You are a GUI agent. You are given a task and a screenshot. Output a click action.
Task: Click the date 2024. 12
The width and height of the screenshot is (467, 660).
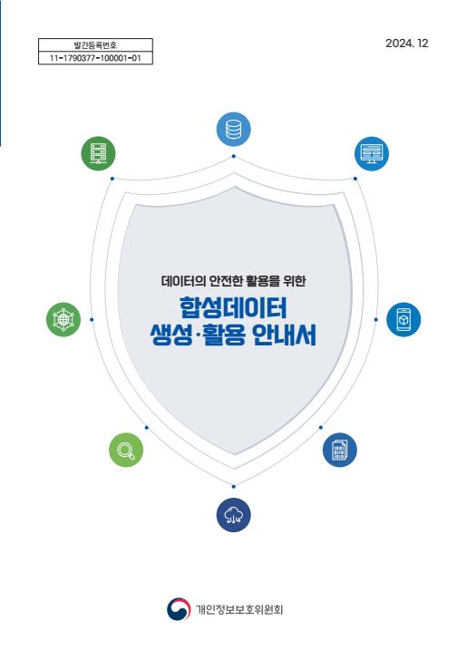point(407,44)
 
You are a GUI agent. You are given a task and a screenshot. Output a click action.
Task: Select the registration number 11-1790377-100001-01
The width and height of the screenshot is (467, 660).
point(95,58)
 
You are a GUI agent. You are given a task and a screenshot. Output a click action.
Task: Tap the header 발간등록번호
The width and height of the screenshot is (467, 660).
point(95,45)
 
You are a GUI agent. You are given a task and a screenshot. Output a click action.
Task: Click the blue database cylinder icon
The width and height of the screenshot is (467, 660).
point(234,130)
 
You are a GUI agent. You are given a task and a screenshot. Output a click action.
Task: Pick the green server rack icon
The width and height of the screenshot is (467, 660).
point(98,153)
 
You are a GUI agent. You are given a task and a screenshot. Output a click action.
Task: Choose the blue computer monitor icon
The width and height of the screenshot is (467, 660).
point(372,153)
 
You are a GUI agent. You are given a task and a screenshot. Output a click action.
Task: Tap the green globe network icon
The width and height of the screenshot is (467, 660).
point(63,319)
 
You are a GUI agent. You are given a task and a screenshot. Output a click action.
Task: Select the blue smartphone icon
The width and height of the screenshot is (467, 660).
point(404,319)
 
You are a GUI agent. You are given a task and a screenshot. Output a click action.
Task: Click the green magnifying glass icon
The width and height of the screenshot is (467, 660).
point(126,450)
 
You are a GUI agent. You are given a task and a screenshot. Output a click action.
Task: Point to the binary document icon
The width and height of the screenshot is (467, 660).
point(340,450)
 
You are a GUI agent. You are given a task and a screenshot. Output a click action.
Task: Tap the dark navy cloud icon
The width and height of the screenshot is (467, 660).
point(234,515)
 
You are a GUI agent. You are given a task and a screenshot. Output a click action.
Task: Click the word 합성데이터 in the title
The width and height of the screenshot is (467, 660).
point(233,307)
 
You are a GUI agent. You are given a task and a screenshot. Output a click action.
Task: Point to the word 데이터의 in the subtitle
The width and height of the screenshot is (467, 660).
point(183,281)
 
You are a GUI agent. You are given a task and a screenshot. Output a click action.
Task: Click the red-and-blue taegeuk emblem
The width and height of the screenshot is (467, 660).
point(179,609)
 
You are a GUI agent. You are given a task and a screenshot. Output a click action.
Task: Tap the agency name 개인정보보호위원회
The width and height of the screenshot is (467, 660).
point(239,609)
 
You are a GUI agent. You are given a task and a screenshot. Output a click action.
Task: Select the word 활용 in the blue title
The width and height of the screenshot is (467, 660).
point(224,335)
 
